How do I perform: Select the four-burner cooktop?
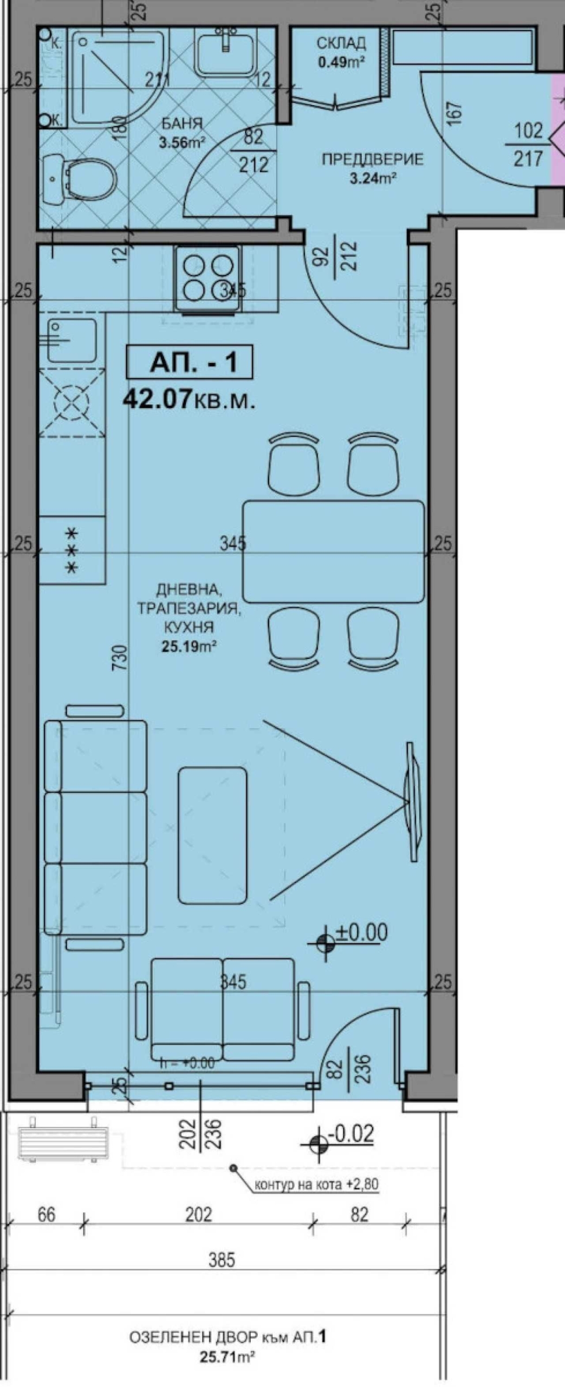(206, 278)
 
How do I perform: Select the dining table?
(333, 551)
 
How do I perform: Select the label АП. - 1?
(189, 363)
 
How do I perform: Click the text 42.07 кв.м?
(189, 400)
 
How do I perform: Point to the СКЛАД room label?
(341, 43)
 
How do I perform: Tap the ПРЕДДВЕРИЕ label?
(372, 160)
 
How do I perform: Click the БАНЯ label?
(181, 124)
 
